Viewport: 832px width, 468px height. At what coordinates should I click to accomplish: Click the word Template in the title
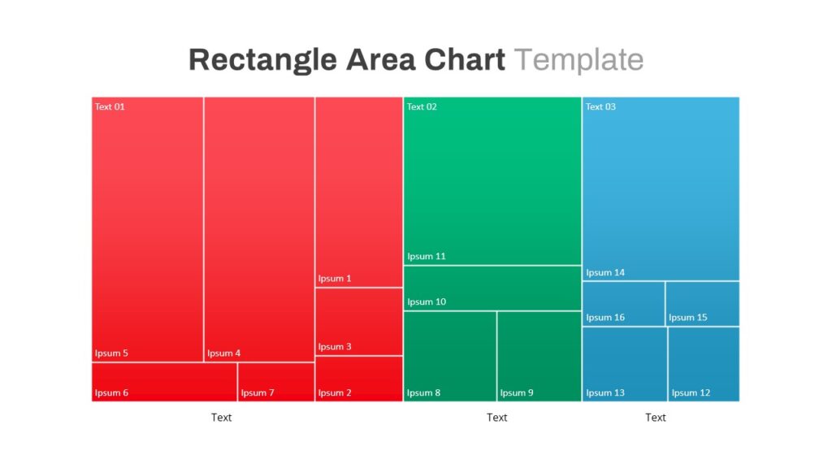[x=578, y=59]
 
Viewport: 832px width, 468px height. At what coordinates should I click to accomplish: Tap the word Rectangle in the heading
[x=262, y=60]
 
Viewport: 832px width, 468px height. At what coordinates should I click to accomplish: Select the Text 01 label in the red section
[x=110, y=106]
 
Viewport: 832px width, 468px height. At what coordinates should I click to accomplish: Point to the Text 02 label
[x=422, y=106]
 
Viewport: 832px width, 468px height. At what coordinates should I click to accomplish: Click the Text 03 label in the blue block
[x=600, y=106]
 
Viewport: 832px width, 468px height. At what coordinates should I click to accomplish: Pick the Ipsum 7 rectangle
[x=276, y=382]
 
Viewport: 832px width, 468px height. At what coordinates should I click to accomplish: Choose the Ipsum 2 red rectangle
[x=359, y=379]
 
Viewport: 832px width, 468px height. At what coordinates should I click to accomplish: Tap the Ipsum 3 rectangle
[x=359, y=322]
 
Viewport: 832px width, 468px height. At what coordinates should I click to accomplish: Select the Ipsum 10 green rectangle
[x=492, y=288]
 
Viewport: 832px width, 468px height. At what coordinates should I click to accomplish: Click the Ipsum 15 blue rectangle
[x=703, y=304]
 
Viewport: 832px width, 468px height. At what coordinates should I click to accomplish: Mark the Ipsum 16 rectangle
[x=623, y=304]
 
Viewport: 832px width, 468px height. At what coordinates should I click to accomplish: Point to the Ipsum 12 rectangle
[x=704, y=364]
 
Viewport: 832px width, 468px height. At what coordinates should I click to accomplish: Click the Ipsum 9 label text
[x=517, y=392]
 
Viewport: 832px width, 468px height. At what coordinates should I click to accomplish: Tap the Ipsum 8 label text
[x=423, y=392]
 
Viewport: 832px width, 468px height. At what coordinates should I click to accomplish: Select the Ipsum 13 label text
[x=605, y=392]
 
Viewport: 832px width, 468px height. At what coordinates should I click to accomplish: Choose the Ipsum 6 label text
[x=111, y=392]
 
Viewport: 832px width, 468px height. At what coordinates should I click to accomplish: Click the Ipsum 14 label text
[x=605, y=273]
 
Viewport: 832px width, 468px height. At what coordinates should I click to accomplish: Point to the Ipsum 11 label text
[x=427, y=256]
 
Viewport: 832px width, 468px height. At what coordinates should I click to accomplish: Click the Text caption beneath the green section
[x=496, y=418]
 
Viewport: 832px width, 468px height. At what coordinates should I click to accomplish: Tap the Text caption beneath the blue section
[x=656, y=418]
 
